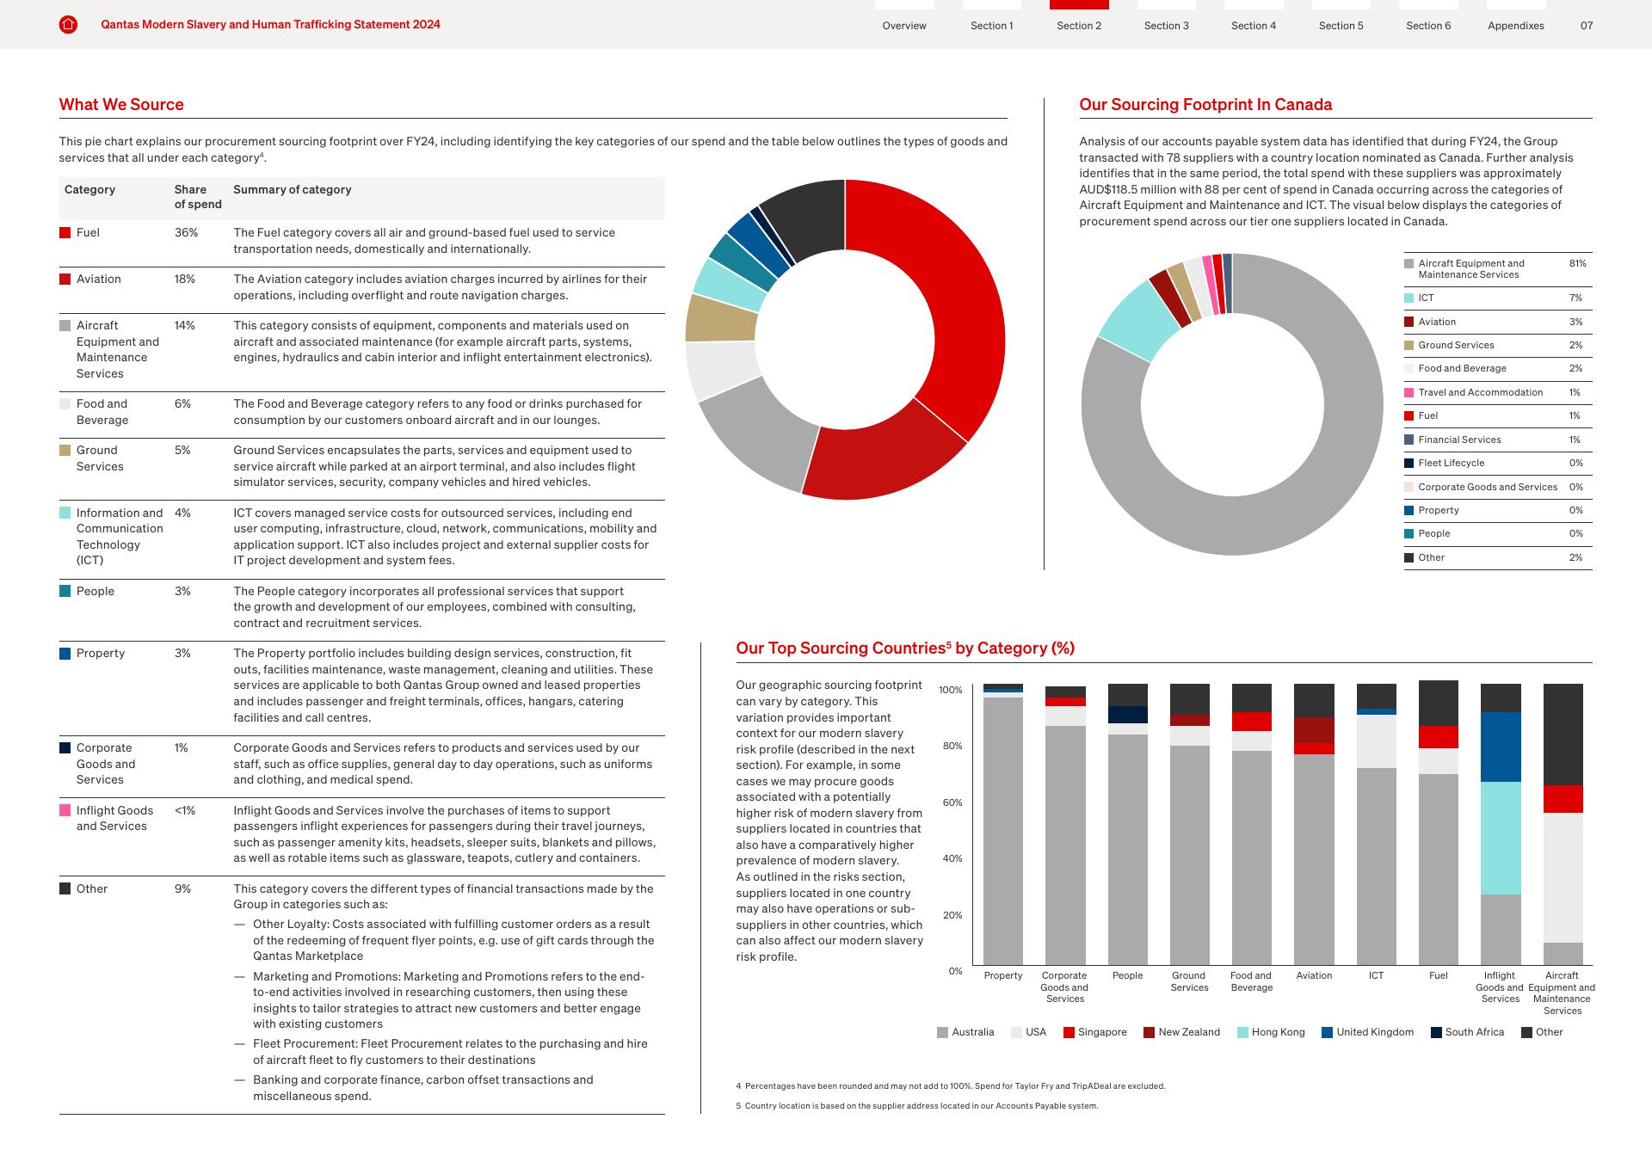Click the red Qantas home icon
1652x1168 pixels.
pyautogui.click(x=68, y=25)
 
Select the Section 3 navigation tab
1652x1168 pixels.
pyautogui.click(x=1166, y=25)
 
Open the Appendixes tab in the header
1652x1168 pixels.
pyautogui.click(x=1515, y=25)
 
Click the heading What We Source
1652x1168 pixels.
pyautogui.click(x=121, y=105)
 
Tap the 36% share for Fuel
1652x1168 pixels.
pyautogui.click(x=186, y=232)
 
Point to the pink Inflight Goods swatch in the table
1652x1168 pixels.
pyautogui.click(x=65, y=810)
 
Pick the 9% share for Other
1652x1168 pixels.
pyautogui.click(x=182, y=888)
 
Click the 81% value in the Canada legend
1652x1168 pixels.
pyautogui.click(x=1577, y=263)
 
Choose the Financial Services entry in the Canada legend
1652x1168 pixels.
pyautogui.click(x=1459, y=440)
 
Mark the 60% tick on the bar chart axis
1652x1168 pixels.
pyautogui.click(x=952, y=802)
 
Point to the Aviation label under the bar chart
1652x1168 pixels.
pyautogui.click(x=1314, y=975)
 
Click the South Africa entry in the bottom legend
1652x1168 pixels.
pyautogui.click(x=1474, y=1032)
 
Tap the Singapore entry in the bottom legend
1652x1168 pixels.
pyautogui.click(x=1101, y=1032)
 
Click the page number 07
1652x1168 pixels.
pyautogui.click(x=1587, y=25)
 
